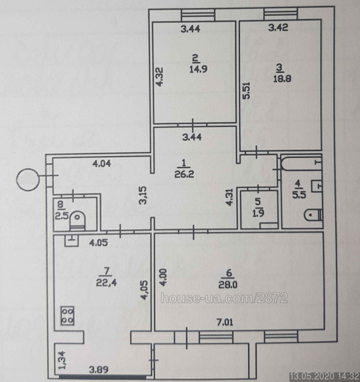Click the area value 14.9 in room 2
click(198, 69)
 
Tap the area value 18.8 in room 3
click(282, 79)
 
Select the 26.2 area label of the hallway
click(184, 174)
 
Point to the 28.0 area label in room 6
click(228, 285)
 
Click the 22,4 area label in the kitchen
click(106, 282)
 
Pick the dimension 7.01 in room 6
click(225, 322)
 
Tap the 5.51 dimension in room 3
click(246, 91)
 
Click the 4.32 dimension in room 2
click(160, 77)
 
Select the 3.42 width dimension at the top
click(278, 27)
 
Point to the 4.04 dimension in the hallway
click(102, 163)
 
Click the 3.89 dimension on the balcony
click(99, 370)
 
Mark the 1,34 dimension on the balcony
click(62, 360)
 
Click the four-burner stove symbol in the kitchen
click(67, 316)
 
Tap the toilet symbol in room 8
click(78, 220)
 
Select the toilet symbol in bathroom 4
click(314, 215)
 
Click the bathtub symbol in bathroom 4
click(301, 162)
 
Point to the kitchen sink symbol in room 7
click(72, 241)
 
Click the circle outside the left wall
click(28, 180)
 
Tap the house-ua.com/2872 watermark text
click(224, 298)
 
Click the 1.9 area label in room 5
click(258, 213)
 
